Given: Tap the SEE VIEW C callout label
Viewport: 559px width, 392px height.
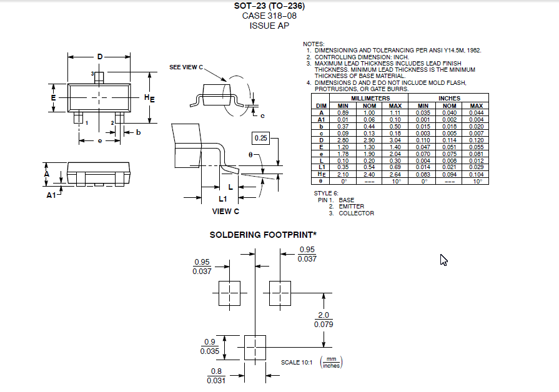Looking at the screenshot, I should [x=186, y=67].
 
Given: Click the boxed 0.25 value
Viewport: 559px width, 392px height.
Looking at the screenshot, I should [x=260, y=138].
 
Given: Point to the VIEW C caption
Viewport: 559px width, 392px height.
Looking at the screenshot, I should [x=226, y=211].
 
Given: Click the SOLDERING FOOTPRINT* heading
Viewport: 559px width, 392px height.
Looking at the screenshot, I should [x=263, y=235].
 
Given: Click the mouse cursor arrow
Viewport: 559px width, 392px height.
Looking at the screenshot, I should [x=443, y=260].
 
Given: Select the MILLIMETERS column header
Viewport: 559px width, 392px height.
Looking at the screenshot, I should [x=370, y=99].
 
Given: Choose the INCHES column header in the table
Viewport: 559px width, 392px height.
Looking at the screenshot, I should [x=449, y=99].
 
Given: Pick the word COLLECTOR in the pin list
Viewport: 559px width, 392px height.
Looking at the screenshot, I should [x=356, y=213].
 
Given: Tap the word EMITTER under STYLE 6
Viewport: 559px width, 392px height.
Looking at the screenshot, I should [x=351, y=207].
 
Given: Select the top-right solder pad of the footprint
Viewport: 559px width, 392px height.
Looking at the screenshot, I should [x=280, y=293].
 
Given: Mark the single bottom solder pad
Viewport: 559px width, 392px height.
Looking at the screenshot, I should [x=254, y=346].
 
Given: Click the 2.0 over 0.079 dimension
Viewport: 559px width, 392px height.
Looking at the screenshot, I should [x=324, y=320].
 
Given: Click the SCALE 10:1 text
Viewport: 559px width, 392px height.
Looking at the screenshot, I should [x=299, y=363].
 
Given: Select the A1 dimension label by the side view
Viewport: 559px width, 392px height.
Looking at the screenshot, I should [x=51, y=195].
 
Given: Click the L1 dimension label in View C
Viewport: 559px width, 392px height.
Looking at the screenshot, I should [x=222, y=198].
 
